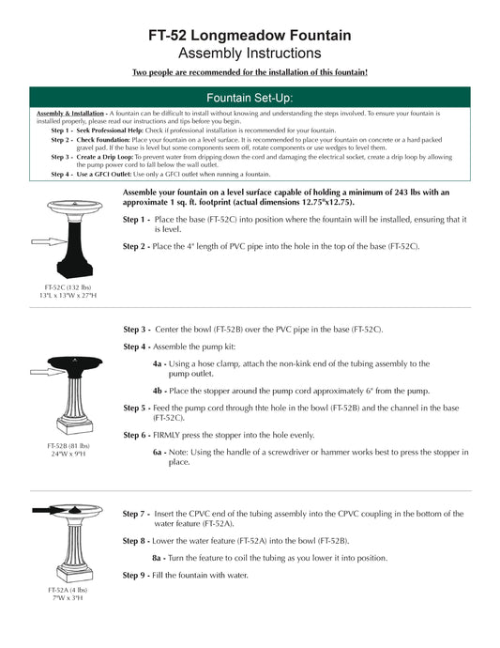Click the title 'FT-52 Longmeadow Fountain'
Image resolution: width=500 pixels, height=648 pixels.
250,35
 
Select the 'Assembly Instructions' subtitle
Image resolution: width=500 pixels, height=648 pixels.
250,54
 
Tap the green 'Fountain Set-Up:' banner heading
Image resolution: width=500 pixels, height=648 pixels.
250,97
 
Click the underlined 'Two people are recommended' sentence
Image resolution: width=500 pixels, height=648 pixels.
250,72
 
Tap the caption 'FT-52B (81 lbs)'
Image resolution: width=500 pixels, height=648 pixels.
67,445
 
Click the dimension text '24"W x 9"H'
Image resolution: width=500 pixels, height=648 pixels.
67,454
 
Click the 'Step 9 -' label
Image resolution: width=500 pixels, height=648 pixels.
136,574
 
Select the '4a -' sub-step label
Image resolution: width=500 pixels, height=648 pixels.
159,363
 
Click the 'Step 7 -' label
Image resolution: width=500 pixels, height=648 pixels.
136,514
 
